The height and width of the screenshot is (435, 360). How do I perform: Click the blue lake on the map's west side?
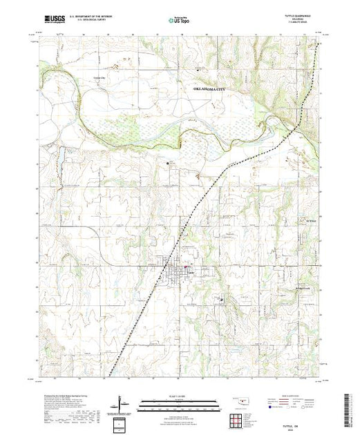click(x=61, y=160)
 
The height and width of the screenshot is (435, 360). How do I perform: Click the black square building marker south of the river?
click(x=169, y=163)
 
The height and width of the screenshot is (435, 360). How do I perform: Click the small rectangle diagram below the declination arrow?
click(x=122, y=421)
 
